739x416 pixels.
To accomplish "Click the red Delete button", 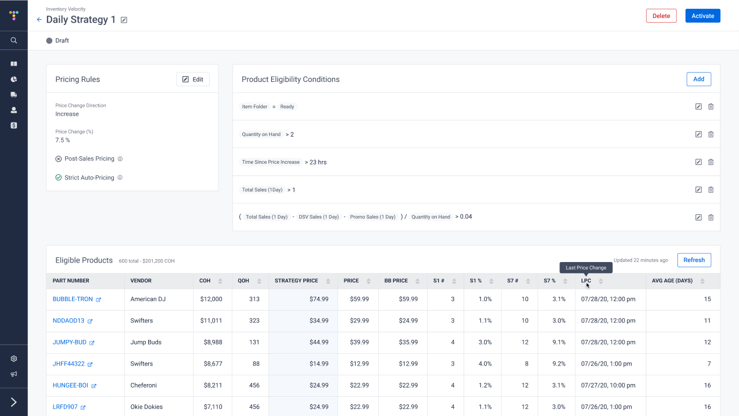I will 661,16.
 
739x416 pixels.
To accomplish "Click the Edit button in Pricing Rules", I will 193,79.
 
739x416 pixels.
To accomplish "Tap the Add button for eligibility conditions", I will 698,79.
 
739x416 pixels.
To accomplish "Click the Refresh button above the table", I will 694,260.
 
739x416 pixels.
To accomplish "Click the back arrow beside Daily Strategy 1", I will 39,20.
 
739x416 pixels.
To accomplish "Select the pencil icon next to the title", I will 124,20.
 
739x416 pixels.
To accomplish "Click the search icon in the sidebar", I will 14,41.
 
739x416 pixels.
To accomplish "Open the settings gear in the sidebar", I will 14,359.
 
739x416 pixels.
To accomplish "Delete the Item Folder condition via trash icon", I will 711,107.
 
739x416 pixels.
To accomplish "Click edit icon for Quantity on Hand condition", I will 698,134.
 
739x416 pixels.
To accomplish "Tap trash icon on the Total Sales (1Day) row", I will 711,189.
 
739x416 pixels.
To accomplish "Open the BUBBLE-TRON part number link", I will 73,299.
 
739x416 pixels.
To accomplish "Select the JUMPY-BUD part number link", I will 70,342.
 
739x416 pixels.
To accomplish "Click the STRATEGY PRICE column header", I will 296,281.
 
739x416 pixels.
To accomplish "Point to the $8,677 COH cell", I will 211,364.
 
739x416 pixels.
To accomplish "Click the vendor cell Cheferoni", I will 144,385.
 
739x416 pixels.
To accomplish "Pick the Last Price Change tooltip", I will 586,268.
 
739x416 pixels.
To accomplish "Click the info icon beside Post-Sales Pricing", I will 120,159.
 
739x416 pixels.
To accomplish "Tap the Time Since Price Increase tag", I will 271,162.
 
